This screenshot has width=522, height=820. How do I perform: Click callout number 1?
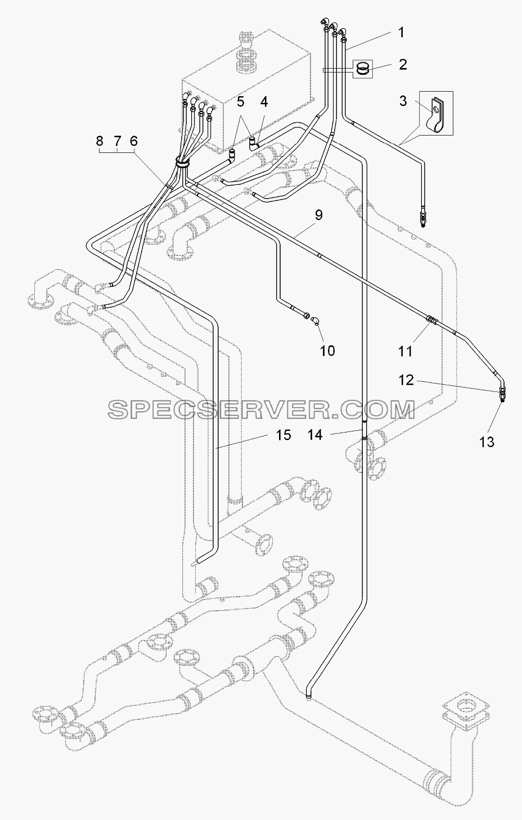click(x=401, y=33)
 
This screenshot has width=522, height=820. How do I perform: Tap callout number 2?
click(x=402, y=65)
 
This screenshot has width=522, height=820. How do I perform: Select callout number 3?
click(x=403, y=101)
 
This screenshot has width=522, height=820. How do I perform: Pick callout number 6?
click(x=133, y=141)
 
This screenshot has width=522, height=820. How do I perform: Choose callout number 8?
click(x=100, y=141)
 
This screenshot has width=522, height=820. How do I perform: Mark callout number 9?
click(x=318, y=215)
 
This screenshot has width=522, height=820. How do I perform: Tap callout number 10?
click(x=327, y=351)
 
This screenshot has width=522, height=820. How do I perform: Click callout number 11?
click(x=405, y=352)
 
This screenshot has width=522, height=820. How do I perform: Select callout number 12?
click(x=406, y=380)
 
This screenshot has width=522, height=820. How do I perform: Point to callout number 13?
click(x=487, y=442)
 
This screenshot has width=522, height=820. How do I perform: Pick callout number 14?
click(x=315, y=435)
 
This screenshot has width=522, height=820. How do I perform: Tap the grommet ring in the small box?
click(x=362, y=69)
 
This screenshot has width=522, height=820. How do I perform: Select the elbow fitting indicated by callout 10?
click(x=314, y=321)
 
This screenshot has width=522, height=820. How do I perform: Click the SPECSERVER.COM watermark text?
click(x=262, y=409)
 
